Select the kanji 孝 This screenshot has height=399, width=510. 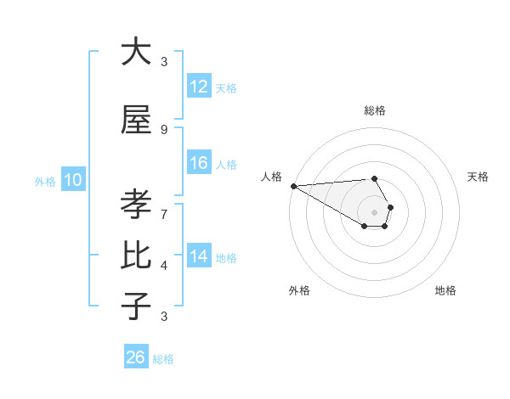click(136, 205)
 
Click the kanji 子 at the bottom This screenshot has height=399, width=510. click(136, 305)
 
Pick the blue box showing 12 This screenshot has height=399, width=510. click(199, 87)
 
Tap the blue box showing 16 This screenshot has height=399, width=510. click(199, 164)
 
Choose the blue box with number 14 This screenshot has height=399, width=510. click(199, 256)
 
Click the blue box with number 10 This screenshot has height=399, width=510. click(72, 180)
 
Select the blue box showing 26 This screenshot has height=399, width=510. click(136, 357)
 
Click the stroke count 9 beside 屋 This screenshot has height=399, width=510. click(164, 129)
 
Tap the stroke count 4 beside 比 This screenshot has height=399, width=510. click(164, 265)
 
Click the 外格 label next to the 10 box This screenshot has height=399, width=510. click(45, 181)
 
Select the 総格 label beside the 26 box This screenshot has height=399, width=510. click(163, 359)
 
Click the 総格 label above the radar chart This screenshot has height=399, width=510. click(375, 110)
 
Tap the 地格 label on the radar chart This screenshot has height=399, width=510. click(445, 290)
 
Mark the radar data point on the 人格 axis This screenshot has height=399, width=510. click(293, 186)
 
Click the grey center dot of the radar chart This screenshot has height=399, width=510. click(375, 211)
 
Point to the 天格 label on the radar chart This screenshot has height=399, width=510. click(479, 177)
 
